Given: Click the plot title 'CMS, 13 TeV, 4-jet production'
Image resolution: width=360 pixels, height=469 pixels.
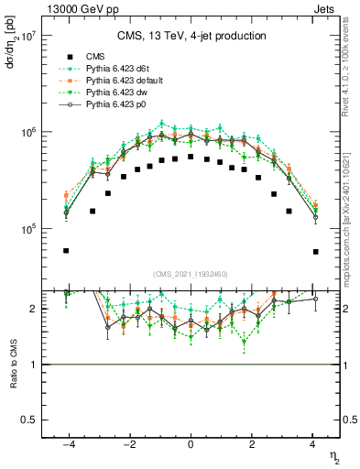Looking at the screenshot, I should (x=191, y=36).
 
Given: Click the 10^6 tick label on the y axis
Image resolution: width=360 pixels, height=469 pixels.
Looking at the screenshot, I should (x=27, y=133).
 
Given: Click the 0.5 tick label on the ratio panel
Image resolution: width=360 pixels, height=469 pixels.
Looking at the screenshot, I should (x=28, y=420).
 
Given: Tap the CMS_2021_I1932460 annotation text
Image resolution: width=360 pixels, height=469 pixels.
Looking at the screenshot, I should (x=191, y=273).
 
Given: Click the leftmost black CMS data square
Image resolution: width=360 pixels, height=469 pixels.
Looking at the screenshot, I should (x=66, y=250).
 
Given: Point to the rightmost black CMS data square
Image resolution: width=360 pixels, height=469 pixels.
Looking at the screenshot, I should (x=314, y=252).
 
